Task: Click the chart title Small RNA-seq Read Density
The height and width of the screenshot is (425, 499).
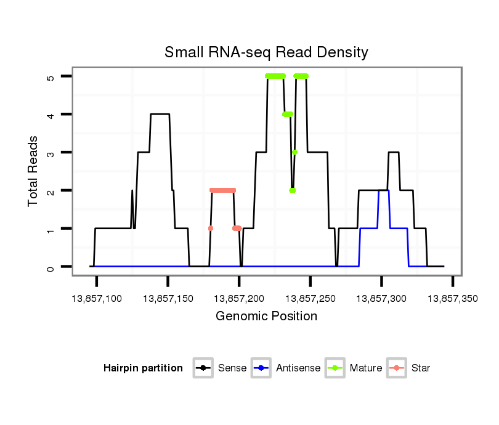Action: pyautogui.click(x=266, y=52)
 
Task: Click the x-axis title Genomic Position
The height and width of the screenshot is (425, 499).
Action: pyautogui.click(x=266, y=317)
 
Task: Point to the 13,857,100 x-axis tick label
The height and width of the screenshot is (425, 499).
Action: pyautogui.click(x=97, y=298)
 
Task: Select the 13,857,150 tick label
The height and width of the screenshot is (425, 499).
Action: pyautogui.click(x=168, y=298)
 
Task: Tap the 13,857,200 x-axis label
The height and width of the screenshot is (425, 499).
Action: pyautogui.click(x=239, y=298)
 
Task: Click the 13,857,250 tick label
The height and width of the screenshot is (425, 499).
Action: pyautogui.click(x=310, y=298)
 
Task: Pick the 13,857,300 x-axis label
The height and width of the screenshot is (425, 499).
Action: pyautogui.click(x=381, y=298)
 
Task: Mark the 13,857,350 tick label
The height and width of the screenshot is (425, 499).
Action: pyautogui.click(x=452, y=298)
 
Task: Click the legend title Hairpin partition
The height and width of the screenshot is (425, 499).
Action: pyautogui.click(x=143, y=368)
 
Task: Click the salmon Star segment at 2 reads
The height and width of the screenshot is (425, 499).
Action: pyautogui.click(x=222, y=190)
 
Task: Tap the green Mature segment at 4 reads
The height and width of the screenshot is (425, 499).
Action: pyautogui.click(x=287, y=114)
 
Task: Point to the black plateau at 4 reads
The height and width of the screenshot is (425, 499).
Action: pyautogui.click(x=160, y=114)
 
